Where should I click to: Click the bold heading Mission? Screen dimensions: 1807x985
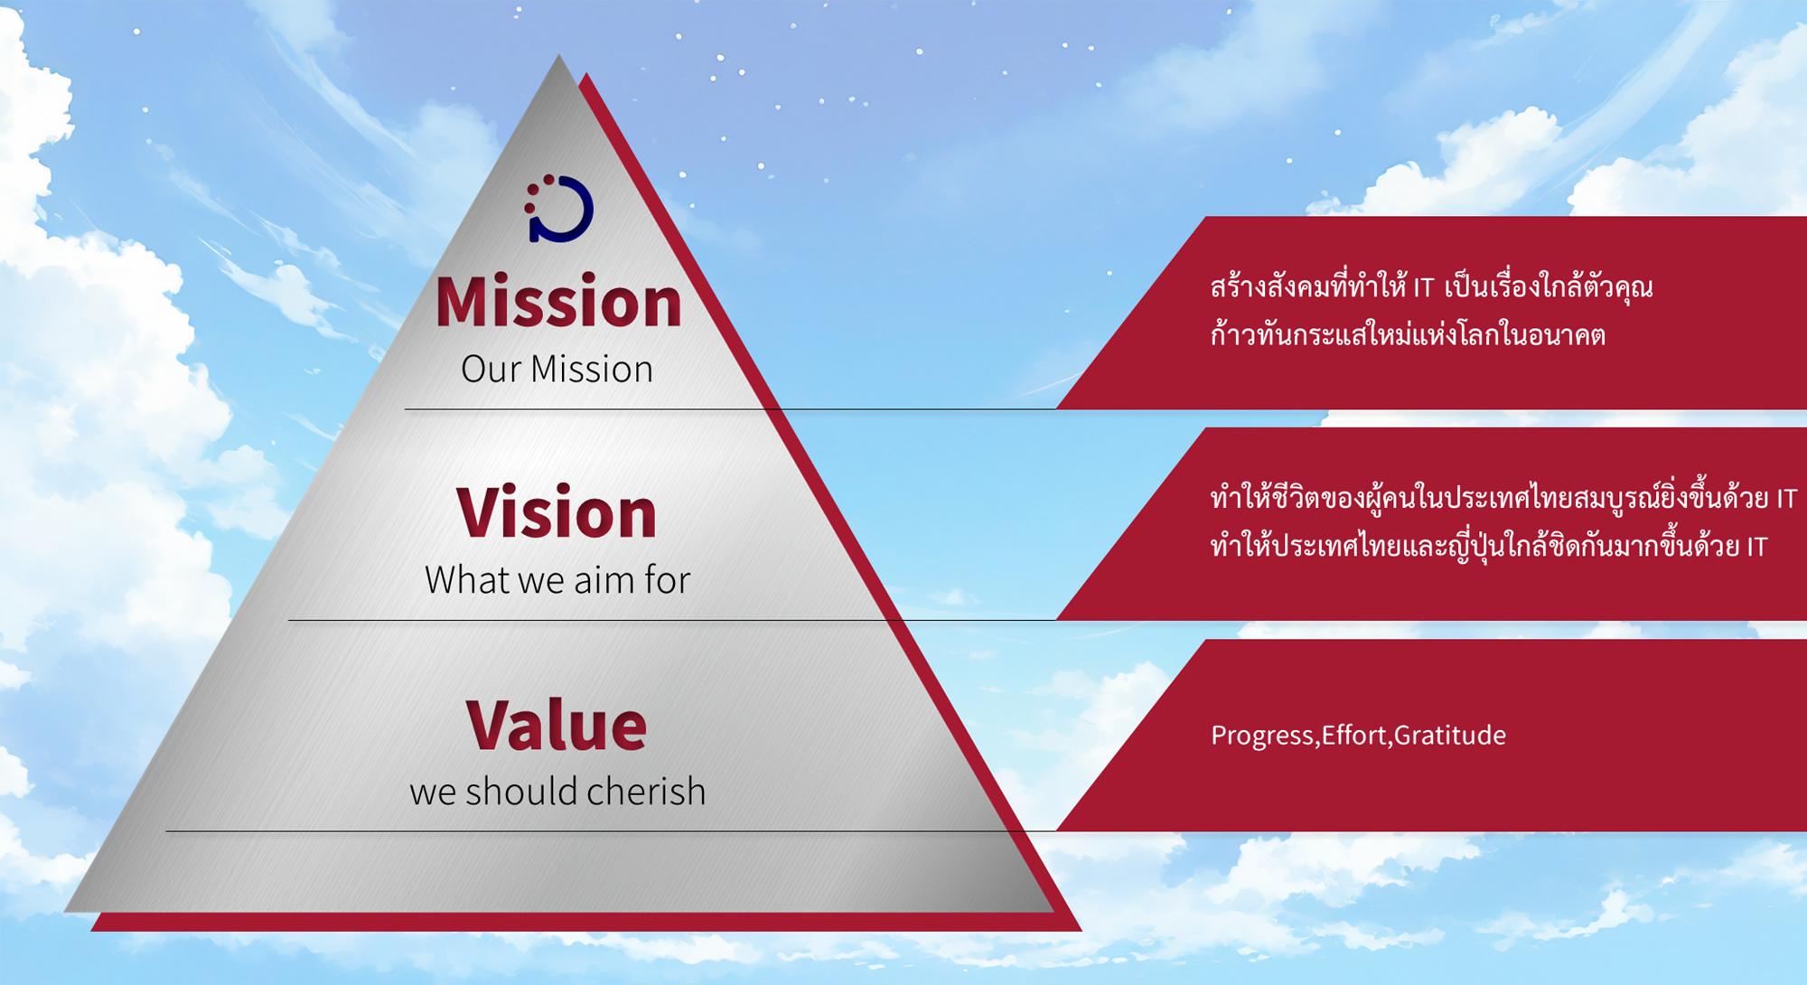(x=558, y=301)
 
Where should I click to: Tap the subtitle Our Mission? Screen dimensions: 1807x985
(x=557, y=369)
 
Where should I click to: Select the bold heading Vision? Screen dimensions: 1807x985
(x=557, y=512)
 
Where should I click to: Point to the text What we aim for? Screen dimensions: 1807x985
(x=557, y=579)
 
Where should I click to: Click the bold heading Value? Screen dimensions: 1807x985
(x=557, y=725)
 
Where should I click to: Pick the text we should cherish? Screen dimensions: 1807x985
(x=557, y=792)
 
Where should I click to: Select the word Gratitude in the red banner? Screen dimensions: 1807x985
(x=1450, y=735)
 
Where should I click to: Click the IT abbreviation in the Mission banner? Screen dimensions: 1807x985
(x=1424, y=288)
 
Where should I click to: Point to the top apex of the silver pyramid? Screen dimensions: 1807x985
(x=558, y=54)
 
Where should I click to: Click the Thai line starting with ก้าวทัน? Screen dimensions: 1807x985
(x=1408, y=333)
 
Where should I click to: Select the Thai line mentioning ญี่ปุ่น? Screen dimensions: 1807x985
(x=1489, y=545)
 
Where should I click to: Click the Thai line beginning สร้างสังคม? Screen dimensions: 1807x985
(x=1432, y=286)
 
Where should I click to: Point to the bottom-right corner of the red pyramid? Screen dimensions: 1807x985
(x=1081, y=930)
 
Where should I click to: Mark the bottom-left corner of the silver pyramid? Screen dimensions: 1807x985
(x=64, y=911)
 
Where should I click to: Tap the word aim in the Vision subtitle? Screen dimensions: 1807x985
(x=604, y=579)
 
